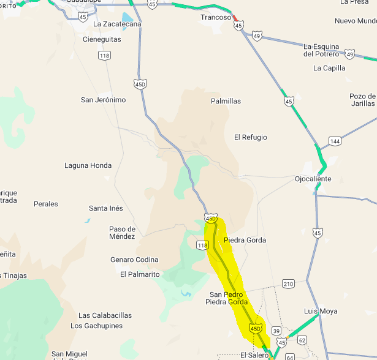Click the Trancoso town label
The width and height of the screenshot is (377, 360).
click(x=216, y=18)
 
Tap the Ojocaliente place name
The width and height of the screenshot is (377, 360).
click(x=313, y=179)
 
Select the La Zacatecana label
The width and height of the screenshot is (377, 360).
click(x=117, y=24)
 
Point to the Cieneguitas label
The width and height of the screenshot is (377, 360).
click(x=102, y=39)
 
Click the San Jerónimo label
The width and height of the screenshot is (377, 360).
click(x=103, y=100)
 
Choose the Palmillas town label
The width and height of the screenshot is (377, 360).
click(x=226, y=101)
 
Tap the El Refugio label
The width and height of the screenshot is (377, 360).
click(x=250, y=137)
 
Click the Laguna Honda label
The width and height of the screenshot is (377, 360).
click(x=88, y=165)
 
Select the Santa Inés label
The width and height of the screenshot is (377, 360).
click(x=106, y=208)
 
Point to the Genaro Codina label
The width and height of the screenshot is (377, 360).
click(x=134, y=260)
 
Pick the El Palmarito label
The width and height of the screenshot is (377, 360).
click(x=140, y=274)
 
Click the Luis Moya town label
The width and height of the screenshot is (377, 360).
click(x=321, y=311)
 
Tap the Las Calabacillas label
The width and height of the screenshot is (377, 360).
click(x=105, y=315)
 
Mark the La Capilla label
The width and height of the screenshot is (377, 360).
click(x=329, y=68)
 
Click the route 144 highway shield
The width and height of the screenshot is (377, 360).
click(x=334, y=141)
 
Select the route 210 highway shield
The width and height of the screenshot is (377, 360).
click(x=289, y=283)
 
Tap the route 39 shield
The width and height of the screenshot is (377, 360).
click(x=276, y=331)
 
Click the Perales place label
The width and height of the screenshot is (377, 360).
click(x=46, y=204)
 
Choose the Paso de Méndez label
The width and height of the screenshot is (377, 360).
click(x=122, y=233)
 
